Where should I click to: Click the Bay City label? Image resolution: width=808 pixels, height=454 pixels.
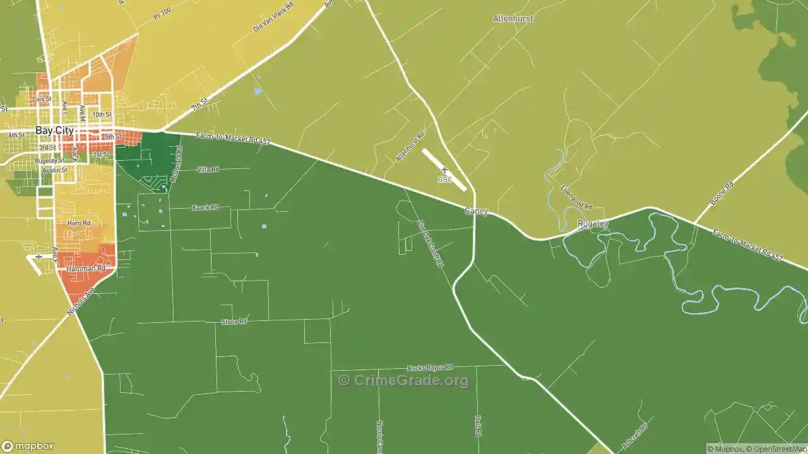tap(52, 131)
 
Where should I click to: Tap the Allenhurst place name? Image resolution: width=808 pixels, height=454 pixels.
tap(513, 19)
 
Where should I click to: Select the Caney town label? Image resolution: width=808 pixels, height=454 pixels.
tap(476, 211)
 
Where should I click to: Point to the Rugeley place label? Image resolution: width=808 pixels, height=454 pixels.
tap(593, 224)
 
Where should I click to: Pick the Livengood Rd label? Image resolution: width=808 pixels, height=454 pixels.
tap(576, 197)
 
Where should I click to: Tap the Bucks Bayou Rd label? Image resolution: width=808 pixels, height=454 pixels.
tap(430, 368)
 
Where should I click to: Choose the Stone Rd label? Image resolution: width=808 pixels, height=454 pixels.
tap(234, 322)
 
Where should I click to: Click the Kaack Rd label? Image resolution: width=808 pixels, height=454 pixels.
tap(205, 207)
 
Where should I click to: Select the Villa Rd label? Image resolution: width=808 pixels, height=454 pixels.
tap(208, 170)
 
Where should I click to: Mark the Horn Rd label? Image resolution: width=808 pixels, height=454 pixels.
tap(78, 223)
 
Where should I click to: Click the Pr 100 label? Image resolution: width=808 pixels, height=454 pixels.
tap(162, 13)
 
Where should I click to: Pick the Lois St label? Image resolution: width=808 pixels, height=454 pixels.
tap(42, 100)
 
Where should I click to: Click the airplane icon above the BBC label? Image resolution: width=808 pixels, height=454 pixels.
tap(444, 170)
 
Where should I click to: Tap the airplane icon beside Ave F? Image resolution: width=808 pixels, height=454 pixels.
tap(39, 257)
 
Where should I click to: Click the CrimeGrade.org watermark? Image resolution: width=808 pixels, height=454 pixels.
tap(403, 380)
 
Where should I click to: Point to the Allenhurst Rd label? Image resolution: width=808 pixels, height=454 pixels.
tap(410, 147)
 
